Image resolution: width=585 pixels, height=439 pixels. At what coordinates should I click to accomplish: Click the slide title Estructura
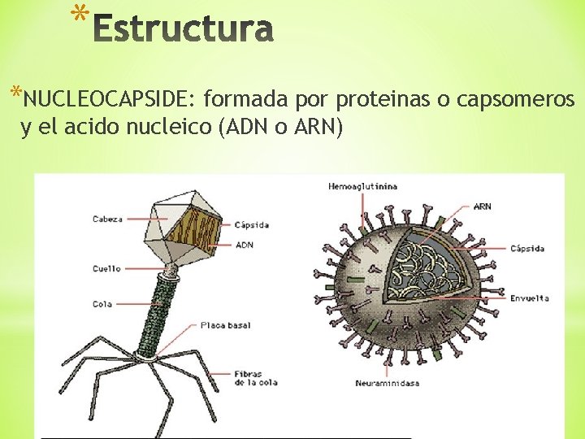[x=184, y=30]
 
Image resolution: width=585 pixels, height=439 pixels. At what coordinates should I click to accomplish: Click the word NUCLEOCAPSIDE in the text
[x=109, y=100]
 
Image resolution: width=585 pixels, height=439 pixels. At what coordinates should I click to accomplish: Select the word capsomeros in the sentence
[x=517, y=100]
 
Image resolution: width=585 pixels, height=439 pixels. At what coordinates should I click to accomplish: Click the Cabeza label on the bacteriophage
[x=107, y=219]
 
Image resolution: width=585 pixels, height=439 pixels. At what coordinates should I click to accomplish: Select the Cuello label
[x=106, y=268]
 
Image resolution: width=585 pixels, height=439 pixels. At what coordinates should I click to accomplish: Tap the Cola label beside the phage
[x=102, y=304]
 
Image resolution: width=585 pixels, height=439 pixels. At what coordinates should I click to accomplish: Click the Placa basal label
[x=226, y=325]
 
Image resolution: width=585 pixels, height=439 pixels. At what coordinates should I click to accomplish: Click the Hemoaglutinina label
[x=362, y=186]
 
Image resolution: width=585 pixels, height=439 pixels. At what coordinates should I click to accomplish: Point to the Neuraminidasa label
[x=387, y=383]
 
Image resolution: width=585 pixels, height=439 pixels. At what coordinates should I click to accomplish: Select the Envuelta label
[x=529, y=298]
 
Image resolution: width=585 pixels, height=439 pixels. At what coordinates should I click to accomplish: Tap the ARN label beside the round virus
[x=483, y=206]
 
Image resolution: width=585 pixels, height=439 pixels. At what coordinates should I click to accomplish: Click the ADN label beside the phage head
[x=244, y=244]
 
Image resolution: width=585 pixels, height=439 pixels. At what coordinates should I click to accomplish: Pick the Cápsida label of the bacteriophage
[x=251, y=224]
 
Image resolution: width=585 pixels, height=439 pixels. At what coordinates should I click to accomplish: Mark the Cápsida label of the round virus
[x=527, y=248]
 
